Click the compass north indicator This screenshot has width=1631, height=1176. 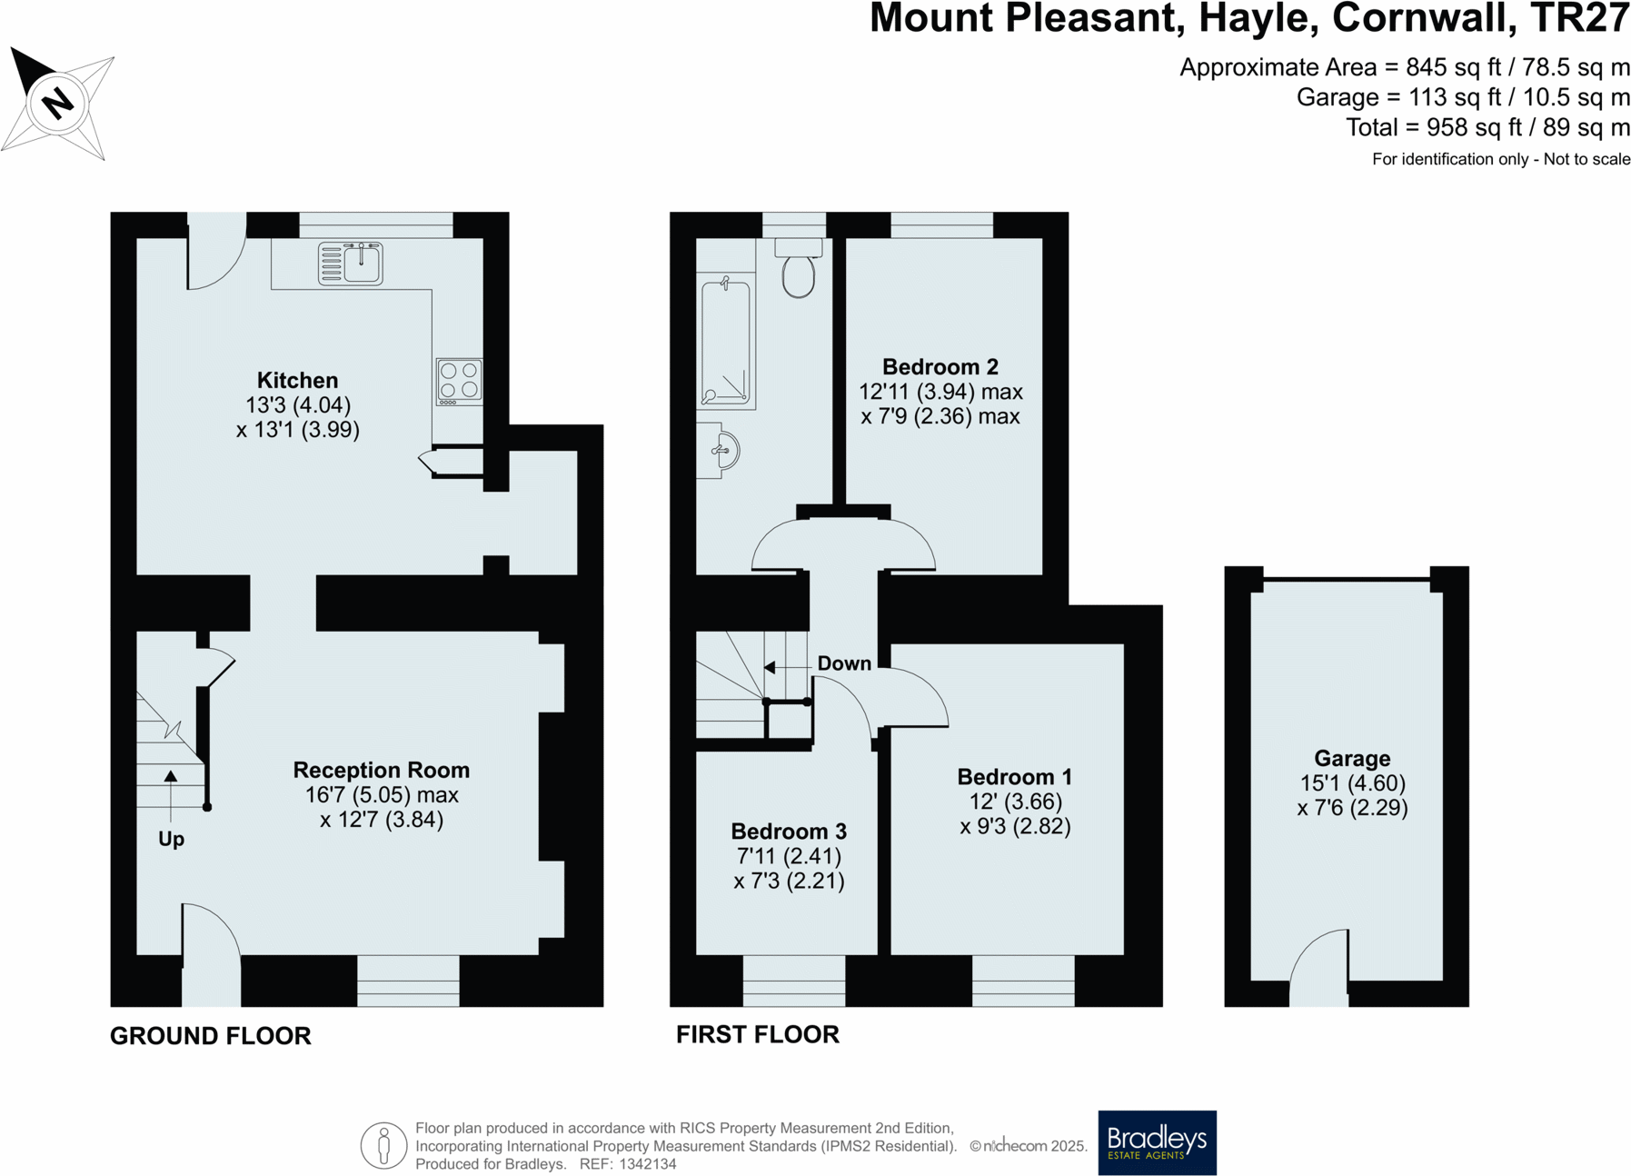[57, 102]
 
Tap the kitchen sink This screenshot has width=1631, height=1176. [351, 264]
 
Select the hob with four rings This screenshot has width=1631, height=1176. [459, 381]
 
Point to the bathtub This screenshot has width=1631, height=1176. [726, 344]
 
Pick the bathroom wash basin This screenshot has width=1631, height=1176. [722, 451]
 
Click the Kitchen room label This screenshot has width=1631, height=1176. [297, 381]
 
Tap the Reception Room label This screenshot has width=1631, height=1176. [381, 770]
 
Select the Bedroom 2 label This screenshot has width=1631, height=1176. [940, 367]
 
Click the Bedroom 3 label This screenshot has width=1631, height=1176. [789, 832]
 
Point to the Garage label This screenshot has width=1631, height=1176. [1352, 759]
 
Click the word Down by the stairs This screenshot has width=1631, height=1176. [844, 663]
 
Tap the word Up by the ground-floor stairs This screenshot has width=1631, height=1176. [171, 839]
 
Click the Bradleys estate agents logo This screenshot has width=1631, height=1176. [1157, 1142]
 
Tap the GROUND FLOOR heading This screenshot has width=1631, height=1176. [211, 1036]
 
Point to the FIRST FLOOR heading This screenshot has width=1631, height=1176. [758, 1035]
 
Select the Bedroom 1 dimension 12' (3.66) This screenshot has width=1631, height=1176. [1015, 802]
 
